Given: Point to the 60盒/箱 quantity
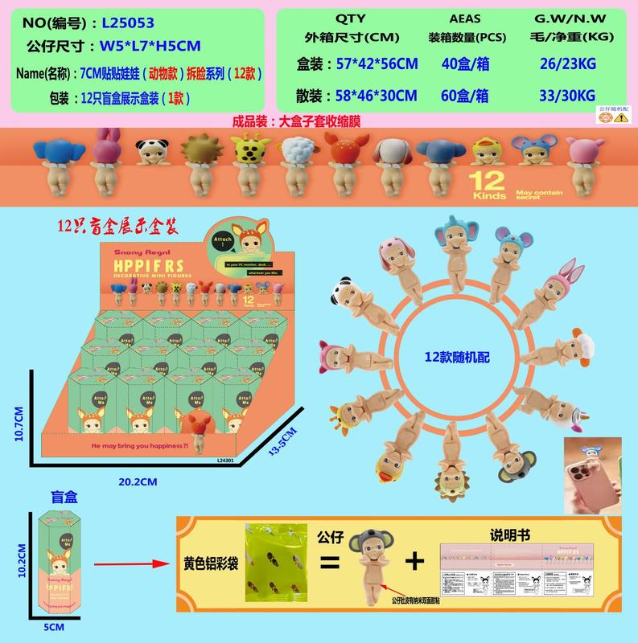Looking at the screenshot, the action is click(x=467, y=95).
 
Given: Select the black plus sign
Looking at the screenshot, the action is click(x=414, y=561).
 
